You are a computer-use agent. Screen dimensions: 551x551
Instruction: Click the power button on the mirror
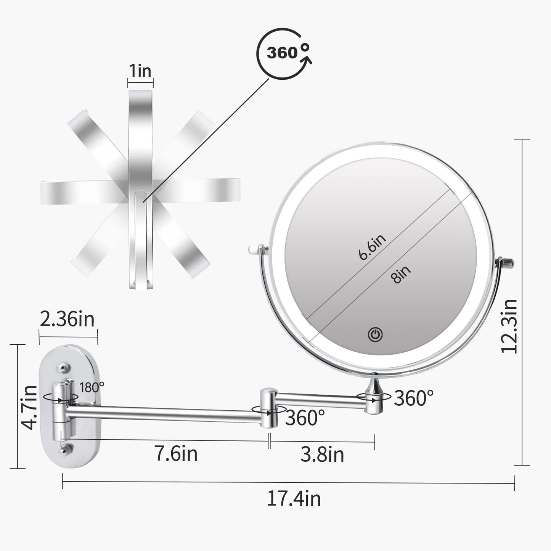tap(375, 335)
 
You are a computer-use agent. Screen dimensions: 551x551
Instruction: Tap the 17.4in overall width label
tap(294, 499)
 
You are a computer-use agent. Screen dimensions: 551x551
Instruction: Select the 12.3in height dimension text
tap(510, 326)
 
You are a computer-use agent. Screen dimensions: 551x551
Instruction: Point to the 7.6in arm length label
tap(176, 454)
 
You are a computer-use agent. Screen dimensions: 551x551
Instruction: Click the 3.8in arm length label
tap(322, 454)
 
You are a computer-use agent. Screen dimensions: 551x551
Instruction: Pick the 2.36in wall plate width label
tap(67, 319)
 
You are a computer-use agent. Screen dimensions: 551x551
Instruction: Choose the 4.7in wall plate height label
tap(30, 407)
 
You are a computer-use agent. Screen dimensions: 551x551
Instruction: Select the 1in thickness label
tap(140, 71)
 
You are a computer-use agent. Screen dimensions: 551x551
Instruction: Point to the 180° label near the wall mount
tap(92, 387)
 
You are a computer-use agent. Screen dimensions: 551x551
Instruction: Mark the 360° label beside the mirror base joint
tap(414, 398)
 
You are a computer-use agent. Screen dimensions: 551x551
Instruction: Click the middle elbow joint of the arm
tap(269, 407)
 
